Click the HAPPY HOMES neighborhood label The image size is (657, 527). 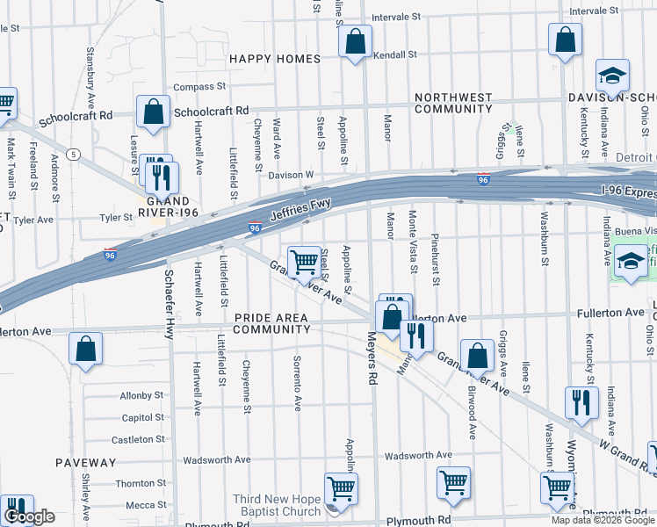275,59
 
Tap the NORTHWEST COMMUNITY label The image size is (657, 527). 453,103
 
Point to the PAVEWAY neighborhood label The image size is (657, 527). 85,462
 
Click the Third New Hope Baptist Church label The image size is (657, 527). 277,505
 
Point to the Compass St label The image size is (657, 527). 200,87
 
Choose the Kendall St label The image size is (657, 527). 394,54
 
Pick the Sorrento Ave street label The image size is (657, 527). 298,385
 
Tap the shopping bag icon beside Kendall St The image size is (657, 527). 356,42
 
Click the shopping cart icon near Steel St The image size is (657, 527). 304,262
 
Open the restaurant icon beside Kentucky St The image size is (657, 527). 581,403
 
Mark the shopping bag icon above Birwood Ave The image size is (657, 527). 477,355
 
